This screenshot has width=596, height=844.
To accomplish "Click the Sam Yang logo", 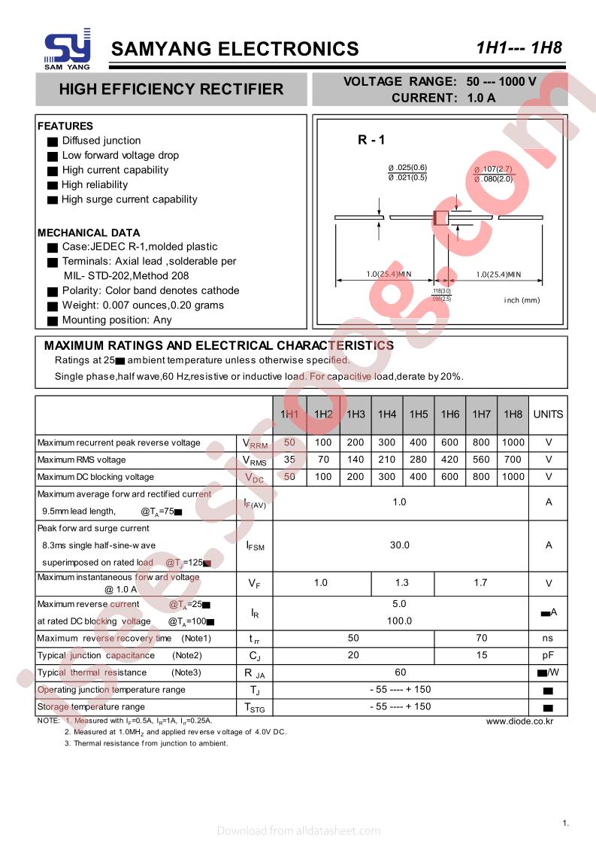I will (x=67, y=50).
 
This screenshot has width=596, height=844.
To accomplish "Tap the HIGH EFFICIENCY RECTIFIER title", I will (x=171, y=90).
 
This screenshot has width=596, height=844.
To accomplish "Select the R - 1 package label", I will (x=371, y=140).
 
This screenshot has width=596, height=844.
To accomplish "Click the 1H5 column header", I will (x=419, y=414).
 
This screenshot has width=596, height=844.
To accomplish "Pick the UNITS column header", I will (x=548, y=414).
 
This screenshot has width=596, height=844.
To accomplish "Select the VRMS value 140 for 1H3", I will (x=355, y=460).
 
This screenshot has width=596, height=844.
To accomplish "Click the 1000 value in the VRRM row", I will (x=513, y=442).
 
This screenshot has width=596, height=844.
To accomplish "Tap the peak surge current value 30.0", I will (x=399, y=545).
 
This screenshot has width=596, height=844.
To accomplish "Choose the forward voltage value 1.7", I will (x=481, y=583).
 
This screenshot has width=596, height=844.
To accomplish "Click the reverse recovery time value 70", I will (x=481, y=638).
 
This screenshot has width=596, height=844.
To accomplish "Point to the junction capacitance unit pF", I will (x=548, y=655).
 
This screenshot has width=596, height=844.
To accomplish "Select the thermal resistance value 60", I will (x=399, y=672).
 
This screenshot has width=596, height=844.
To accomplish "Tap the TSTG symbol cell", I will (x=255, y=707).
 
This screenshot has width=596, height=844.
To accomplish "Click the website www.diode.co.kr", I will (x=519, y=721).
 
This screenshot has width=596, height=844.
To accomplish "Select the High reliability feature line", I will (x=95, y=185).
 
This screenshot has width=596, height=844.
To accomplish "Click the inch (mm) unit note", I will (x=522, y=300).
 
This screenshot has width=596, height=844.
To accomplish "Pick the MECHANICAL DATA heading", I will (x=89, y=232).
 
